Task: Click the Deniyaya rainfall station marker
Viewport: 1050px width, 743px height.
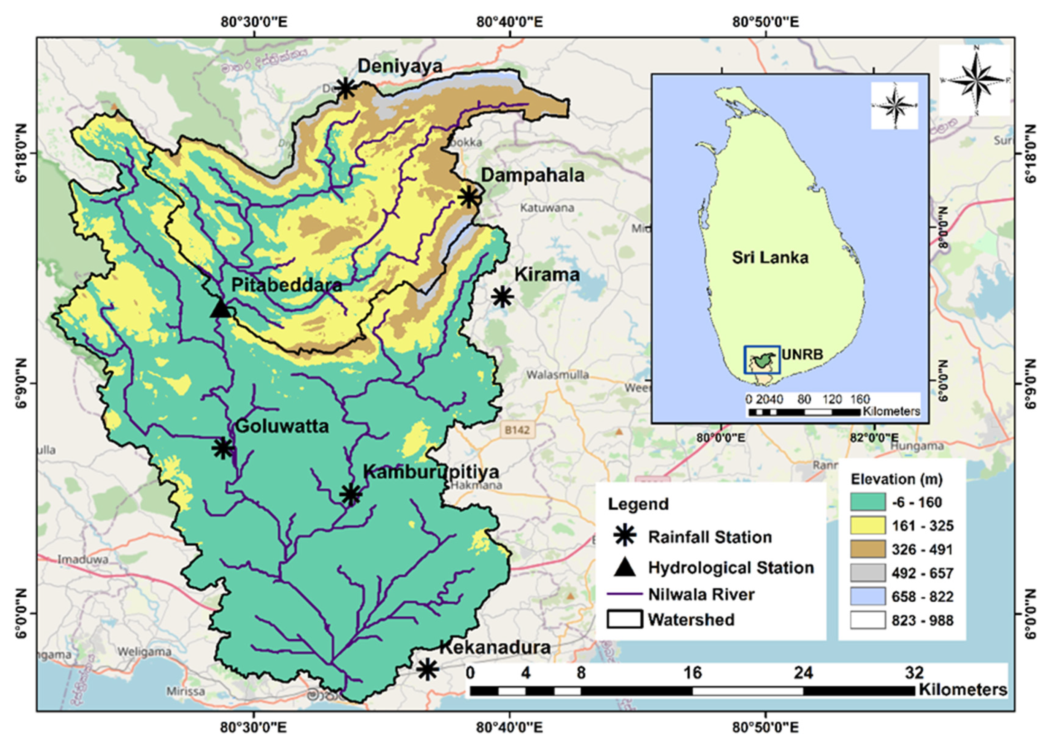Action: [x=346, y=88]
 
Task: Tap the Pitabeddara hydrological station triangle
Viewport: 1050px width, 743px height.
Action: [x=221, y=309]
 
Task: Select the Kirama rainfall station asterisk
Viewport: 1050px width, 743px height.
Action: [x=502, y=297]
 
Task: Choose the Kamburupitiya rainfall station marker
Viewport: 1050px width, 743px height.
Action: [x=351, y=494]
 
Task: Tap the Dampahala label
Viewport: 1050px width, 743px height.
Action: [x=533, y=176]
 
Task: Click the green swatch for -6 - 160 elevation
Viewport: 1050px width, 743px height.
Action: [x=868, y=502]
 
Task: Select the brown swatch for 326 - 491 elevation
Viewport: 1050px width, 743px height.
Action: [x=868, y=550]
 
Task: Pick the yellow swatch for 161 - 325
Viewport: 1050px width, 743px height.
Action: [x=868, y=526]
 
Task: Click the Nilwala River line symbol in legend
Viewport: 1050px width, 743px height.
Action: [x=625, y=594]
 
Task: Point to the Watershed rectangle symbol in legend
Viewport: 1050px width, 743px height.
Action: [x=625, y=619]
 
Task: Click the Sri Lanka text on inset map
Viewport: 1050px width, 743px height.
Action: [x=770, y=258]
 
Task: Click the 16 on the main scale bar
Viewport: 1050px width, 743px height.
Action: [x=692, y=673]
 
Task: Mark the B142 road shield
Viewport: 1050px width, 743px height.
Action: [x=517, y=430]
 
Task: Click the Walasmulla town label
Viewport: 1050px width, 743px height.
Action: [x=557, y=375]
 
